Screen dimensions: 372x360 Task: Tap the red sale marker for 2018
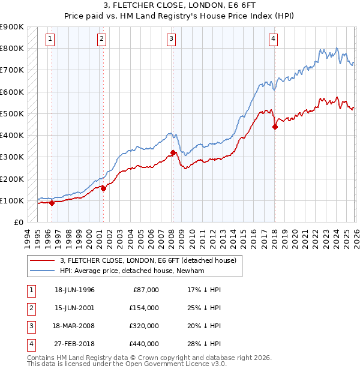(275, 127)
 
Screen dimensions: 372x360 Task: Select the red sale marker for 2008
(173, 152)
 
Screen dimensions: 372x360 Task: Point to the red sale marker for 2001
(103, 188)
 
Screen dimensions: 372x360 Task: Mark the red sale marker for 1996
(52, 203)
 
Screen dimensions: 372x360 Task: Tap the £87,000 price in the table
(145, 290)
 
